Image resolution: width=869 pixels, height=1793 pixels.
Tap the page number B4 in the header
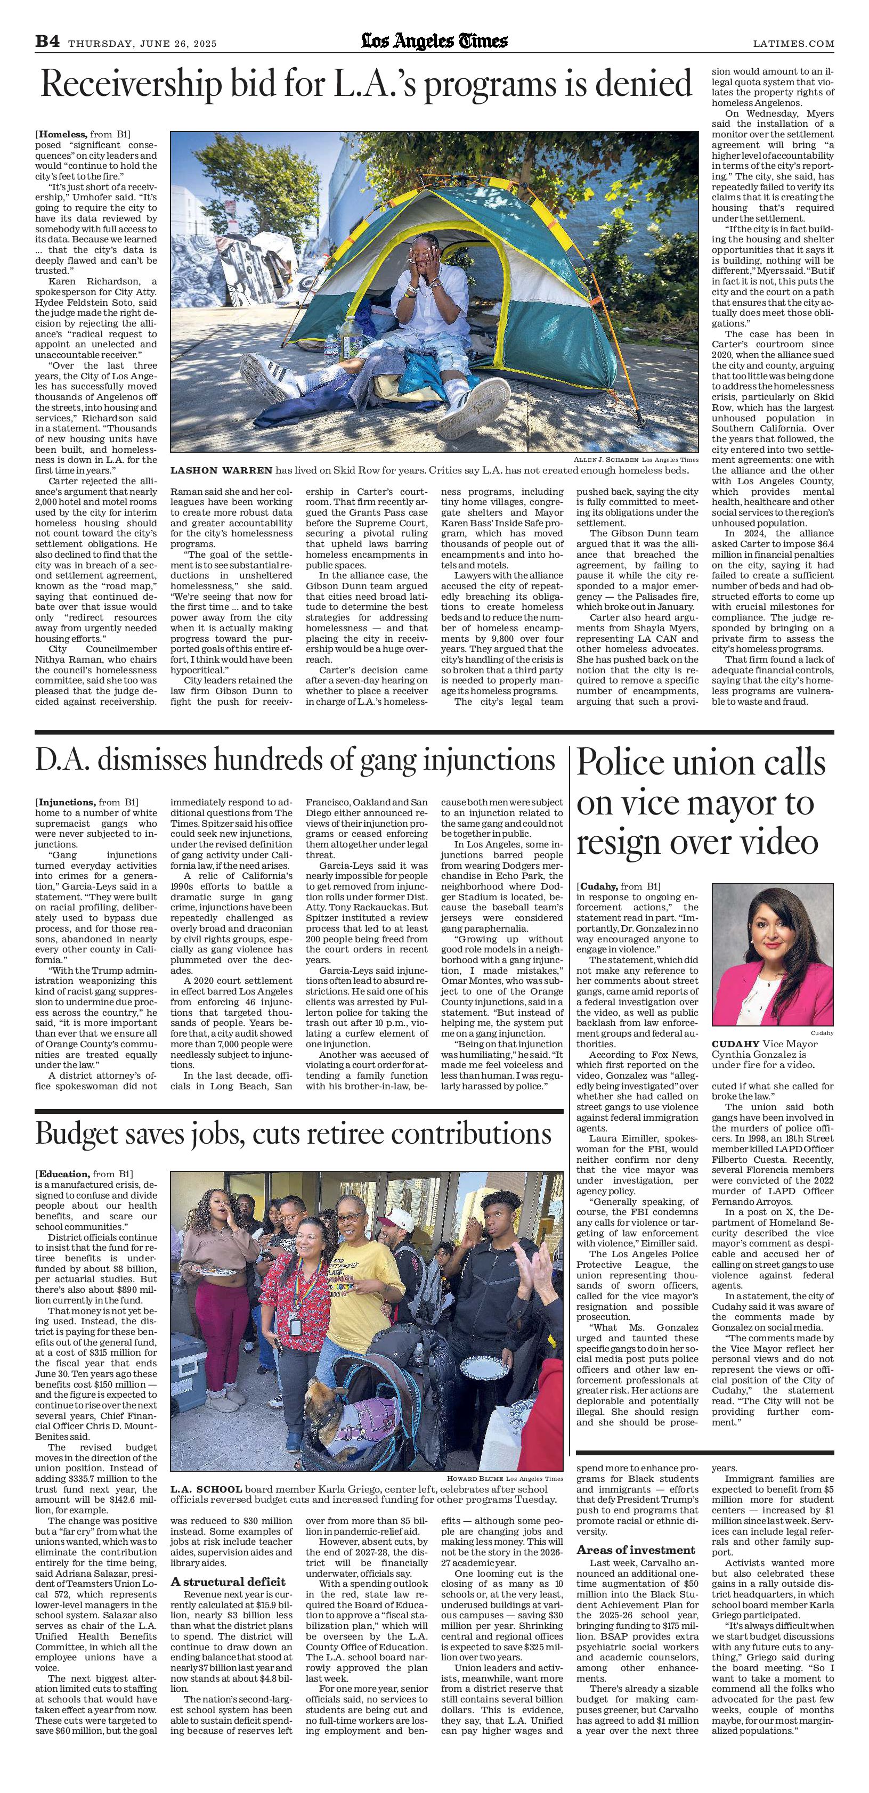tap(47, 43)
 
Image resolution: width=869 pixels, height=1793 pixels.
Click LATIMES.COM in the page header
tap(793, 43)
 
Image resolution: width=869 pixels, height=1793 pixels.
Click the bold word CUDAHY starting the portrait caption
tap(735, 1044)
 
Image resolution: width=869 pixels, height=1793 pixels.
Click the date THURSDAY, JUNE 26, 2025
tap(142, 43)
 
